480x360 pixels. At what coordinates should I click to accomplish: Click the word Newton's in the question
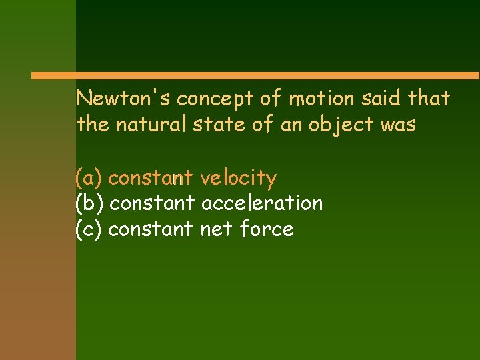pos(117,99)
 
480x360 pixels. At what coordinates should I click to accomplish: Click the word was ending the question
pos(397,125)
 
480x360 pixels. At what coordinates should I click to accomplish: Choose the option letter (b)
pos(89,203)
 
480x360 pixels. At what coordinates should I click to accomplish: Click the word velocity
pos(239,179)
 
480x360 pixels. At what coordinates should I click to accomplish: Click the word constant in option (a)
pos(151,179)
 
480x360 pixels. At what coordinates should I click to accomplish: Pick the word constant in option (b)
pos(151,203)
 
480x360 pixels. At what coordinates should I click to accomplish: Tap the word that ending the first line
pos(429,99)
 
